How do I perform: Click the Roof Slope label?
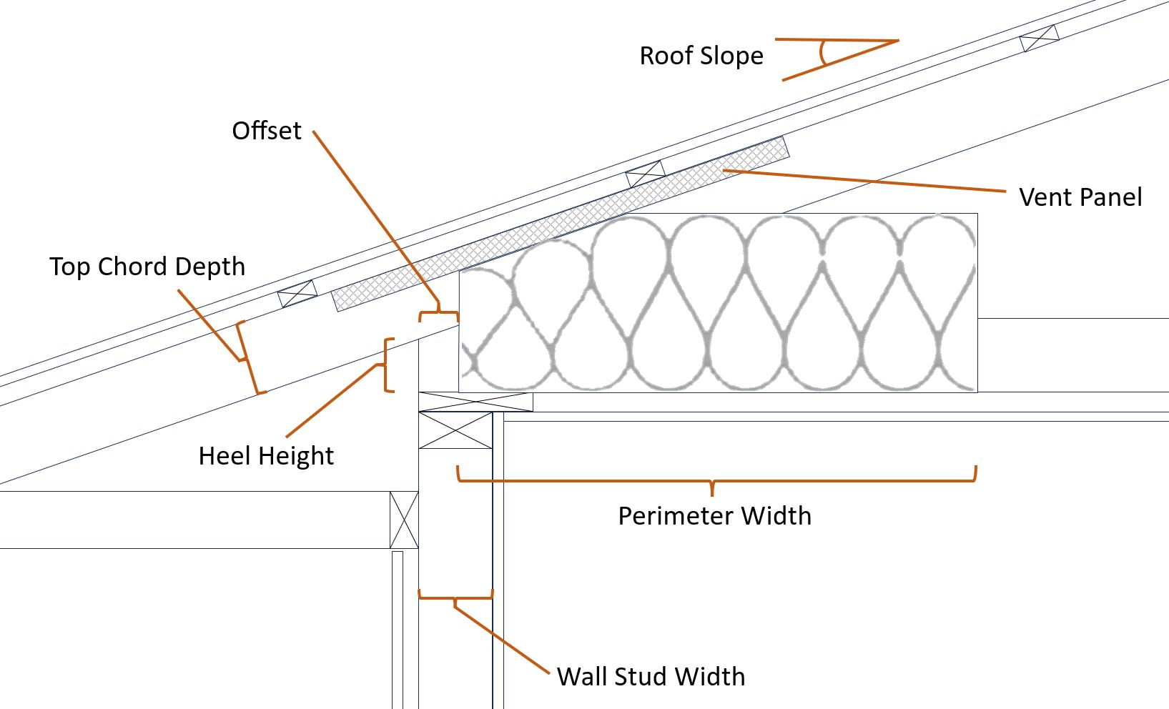pyautogui.click(x=701, y=56)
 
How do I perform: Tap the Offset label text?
pyautogui.click(x=267, y=130)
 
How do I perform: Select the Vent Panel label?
pyautogui.click(x=1080, y=197)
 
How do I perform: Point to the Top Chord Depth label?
pyautogui.click(x=147, y=267)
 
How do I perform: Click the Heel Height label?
pyautogui.click(x=266, y=456)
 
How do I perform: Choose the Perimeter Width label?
pyautogui.click(x=714, y=516)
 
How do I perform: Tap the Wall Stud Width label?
pyautogui.click(x=651, y=677)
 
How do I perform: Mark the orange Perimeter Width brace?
pyautogui.click(x=716, y=480)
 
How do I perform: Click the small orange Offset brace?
pyautogui.click(x=439, y=313)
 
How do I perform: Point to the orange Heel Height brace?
pyautogui.click(x=387, y=365)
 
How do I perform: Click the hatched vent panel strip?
pyautogui.click(x=561, y=224)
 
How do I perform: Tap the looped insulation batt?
pyautogui.click(x=718, y=302)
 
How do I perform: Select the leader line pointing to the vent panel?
pyautogui.click(x=864, y=181)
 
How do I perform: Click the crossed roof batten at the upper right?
pyautogui.click(x=1040, y=39)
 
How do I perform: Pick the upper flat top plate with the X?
pyautogui.click(x=476, y=402)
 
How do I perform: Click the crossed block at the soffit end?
pyautogui.click(x=404, y=520)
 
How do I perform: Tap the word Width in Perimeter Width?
pyautogui.click(x=776, y=516)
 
